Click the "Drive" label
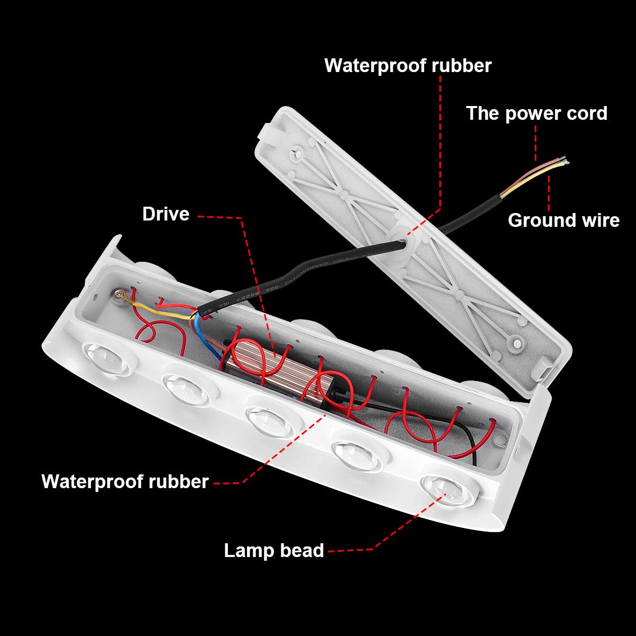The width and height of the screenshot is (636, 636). [x=165, y=214]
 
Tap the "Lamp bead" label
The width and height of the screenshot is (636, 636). [x=273, y=550]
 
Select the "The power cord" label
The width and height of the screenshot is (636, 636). [x=536, y=113]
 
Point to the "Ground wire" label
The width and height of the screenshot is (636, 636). [x=563, y=220]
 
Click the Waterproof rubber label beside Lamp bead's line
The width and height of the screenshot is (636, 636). [x=125, y=481]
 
